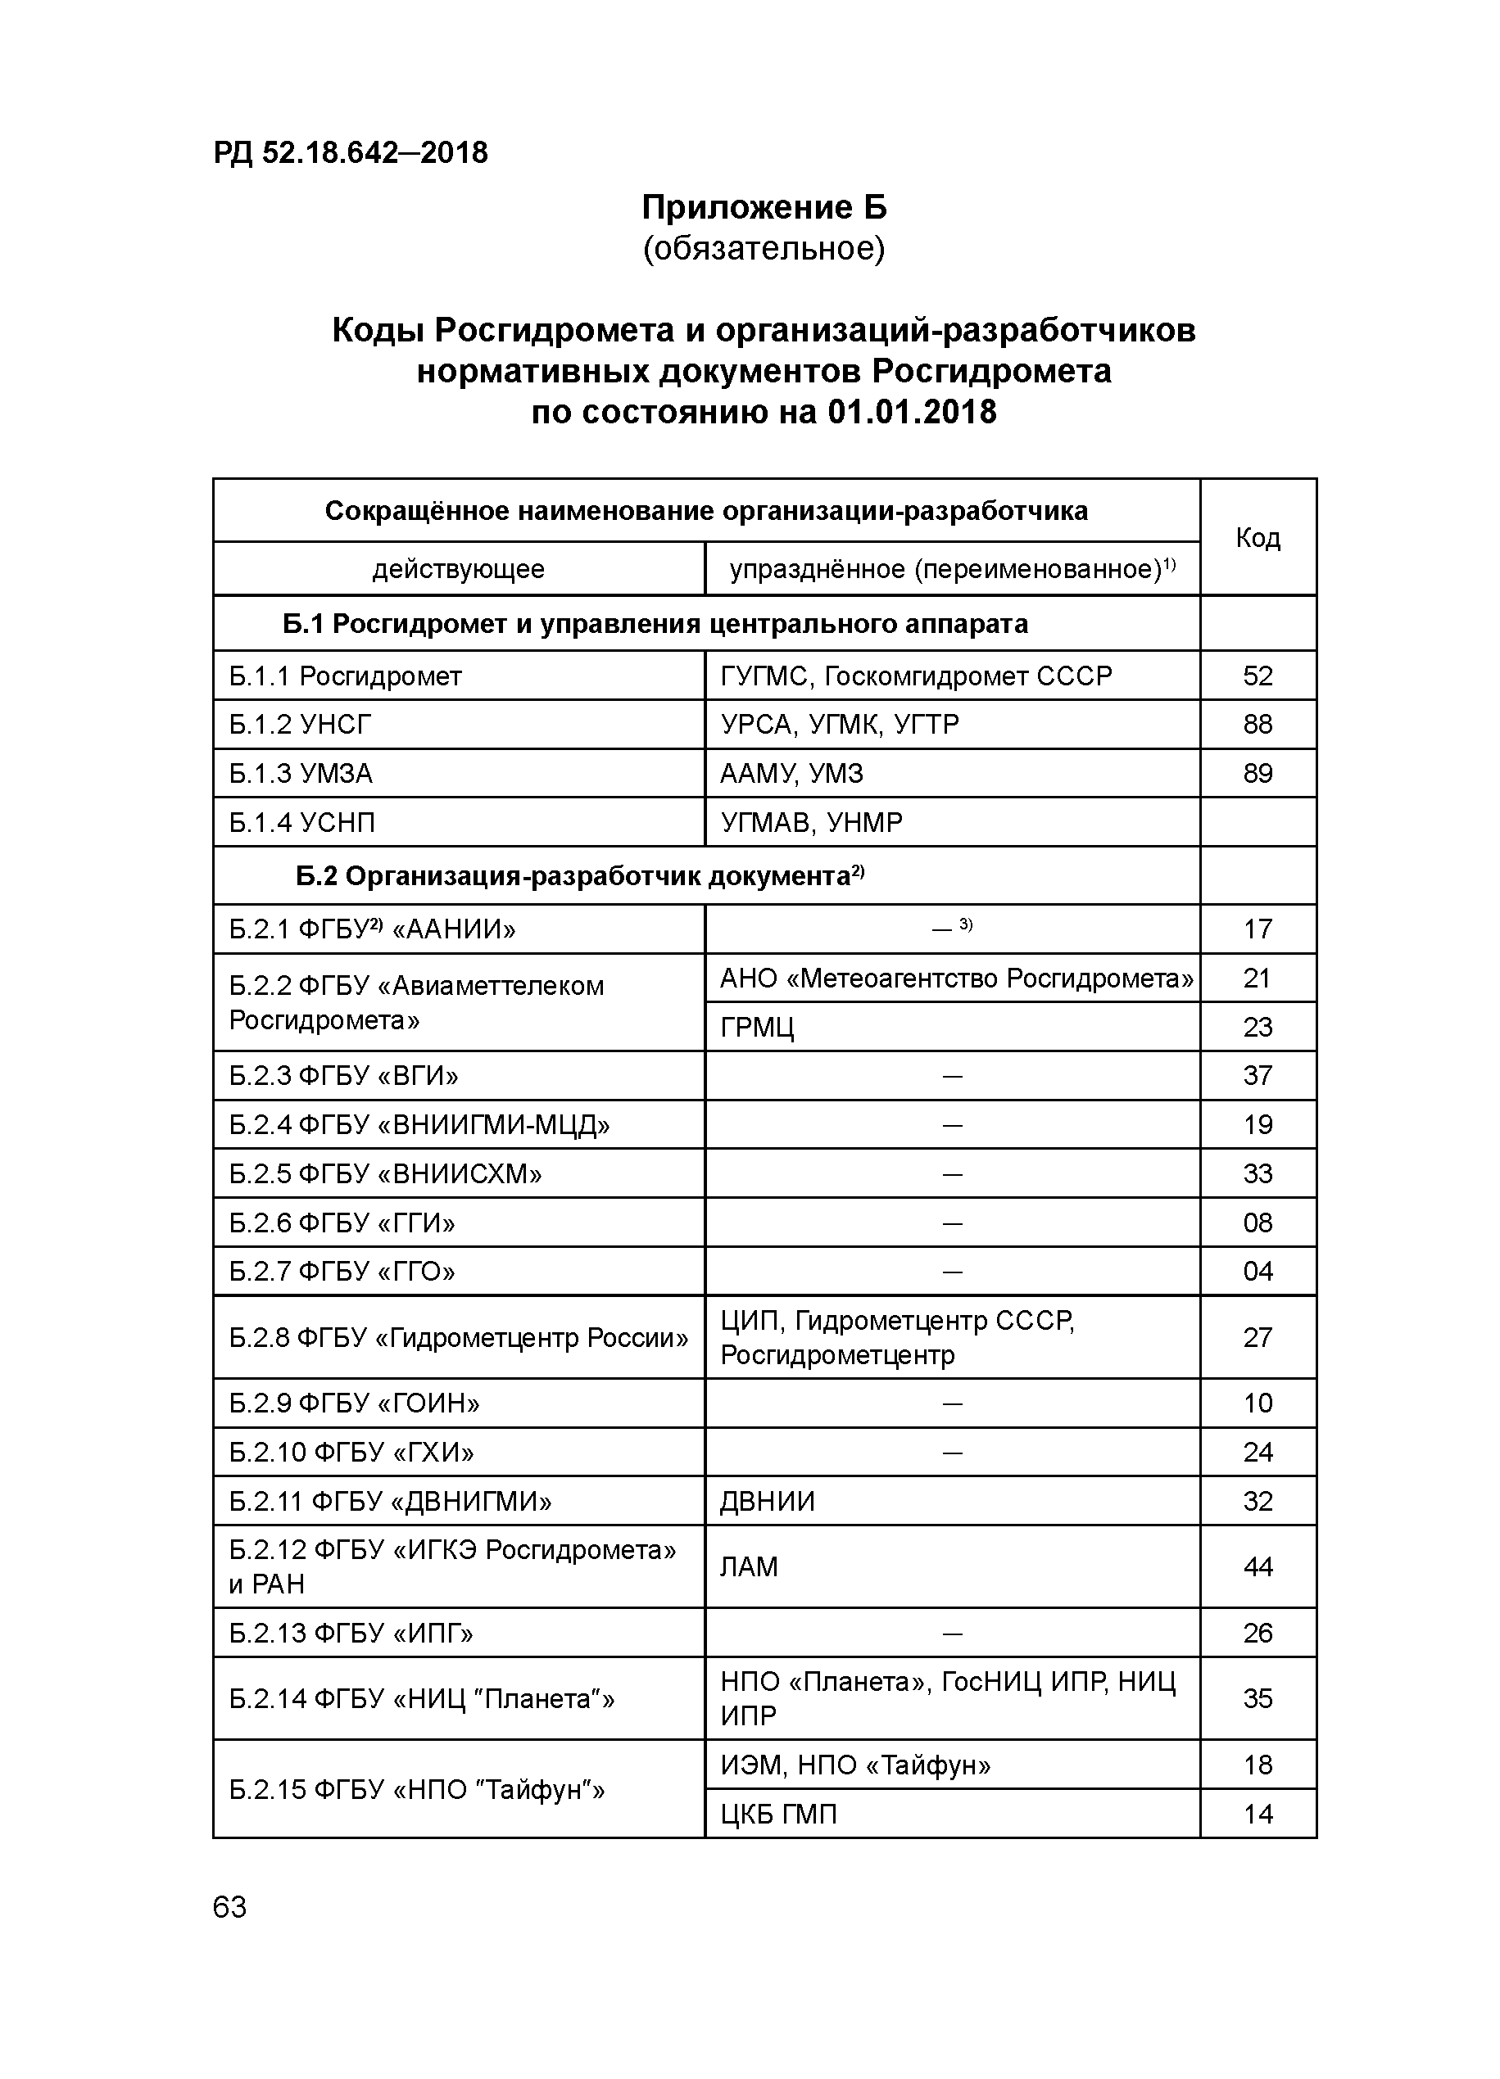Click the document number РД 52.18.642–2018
pyautogui.click(x=351, y=152)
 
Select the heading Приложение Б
pyautogui.click(x=764, y=208)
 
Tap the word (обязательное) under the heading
pyautogui.click(x=764, y=248)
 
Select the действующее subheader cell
pyautogui.click(x=459, y=569)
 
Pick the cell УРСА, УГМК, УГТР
pyautogui.click(x=839, y=724)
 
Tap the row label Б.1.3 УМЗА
pyautogui.click(x=301, y=774)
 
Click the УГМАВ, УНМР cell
pyautogui.click(x=810, y=822)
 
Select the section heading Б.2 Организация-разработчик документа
pyautogui.click(x=579, y=877)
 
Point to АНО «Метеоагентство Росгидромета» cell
pyautogui.click(x=955, y=978)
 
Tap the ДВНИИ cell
pyautogui.click(x=768, y=1502)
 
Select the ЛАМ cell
pyautogui.click(x=748, y=1566)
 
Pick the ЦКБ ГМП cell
pyautogui.click(x=778, y=1814)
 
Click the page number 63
pyautogui.click(x=229, y=1908)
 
